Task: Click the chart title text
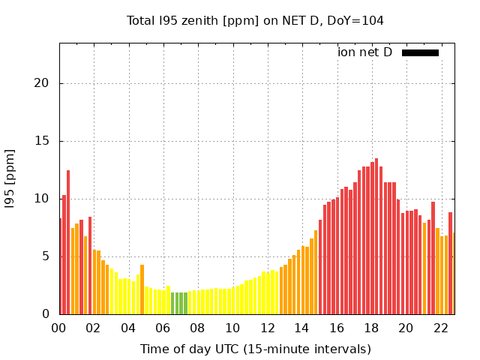pyautogui.click(x=255, y=21)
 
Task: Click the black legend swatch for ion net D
pyautogui.click(x=420, y=52)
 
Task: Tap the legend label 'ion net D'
pyautogui.click(x=364, y=52)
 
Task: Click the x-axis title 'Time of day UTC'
pyautogui.click(x=255, y=349)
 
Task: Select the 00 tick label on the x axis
pyautogui.click(x=59, y=328)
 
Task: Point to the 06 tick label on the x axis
pyautogui.click(x=163, y=328)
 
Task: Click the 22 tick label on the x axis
pyautogui.click(x=441, y=328)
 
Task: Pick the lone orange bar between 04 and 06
pyautogui.click(x=142, y=290)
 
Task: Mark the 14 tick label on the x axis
pyautogui.click(x=302, y=328)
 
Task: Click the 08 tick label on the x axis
pyautogui.click(x=198, y=328)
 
